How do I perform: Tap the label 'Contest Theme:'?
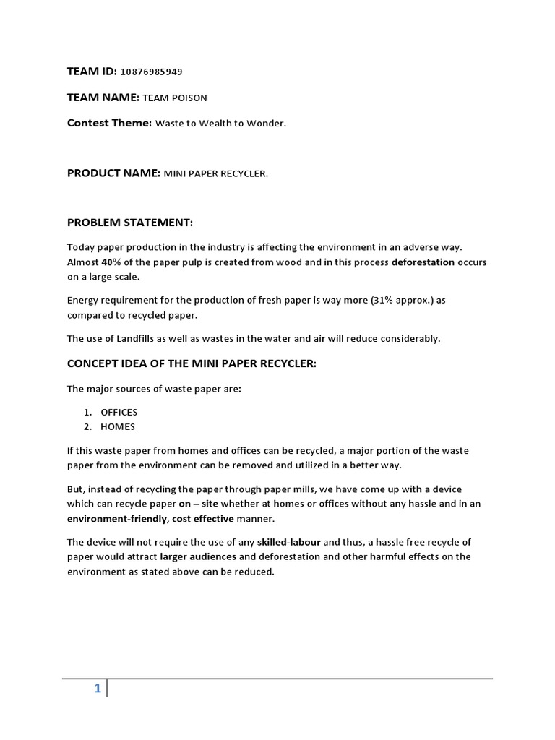coord(109,123)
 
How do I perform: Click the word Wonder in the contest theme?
coord(267,124)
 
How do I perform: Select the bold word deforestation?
coord(423,262)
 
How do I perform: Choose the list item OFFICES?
coord(119,412)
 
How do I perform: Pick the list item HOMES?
coord(118,426)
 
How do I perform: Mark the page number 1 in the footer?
coord(97,689)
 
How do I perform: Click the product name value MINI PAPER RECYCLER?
coord(216,173)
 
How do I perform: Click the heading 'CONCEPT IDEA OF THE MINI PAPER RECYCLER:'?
coord(192,363)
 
